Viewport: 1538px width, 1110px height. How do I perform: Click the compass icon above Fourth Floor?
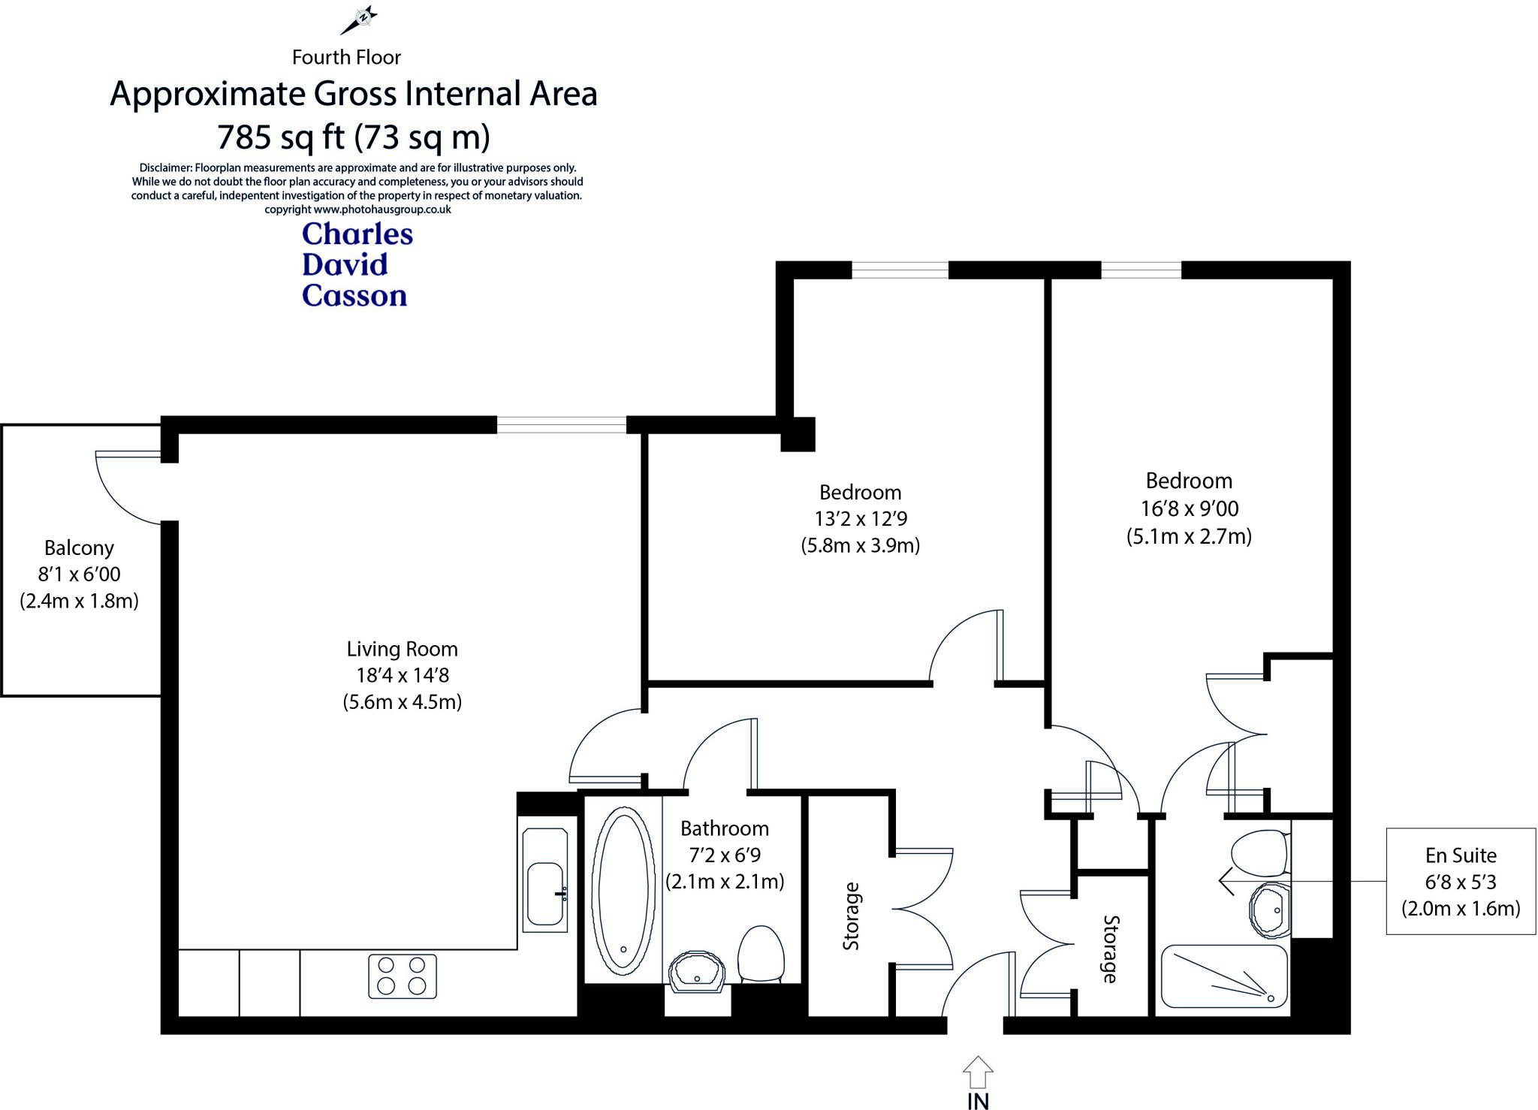pos(359,20)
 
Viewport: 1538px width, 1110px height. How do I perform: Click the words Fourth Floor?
pos(346,57)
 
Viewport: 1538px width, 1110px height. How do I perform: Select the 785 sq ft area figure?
pos(280,137)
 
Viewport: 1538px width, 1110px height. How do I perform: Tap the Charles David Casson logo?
pos(357,265)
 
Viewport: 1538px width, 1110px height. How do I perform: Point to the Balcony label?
pos(79,548)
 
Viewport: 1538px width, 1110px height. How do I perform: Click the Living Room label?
pos(402,649)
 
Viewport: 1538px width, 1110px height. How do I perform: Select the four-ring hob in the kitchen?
pos(402,976)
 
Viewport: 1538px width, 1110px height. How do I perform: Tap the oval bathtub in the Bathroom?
pos(622,891)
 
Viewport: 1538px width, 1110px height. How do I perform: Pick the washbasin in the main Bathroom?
pos(697,973)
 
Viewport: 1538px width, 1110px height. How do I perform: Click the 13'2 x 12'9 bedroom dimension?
pos(860,519)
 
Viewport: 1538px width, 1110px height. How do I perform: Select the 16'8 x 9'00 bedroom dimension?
pos(1189,509)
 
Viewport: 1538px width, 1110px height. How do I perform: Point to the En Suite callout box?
pos(1460,881)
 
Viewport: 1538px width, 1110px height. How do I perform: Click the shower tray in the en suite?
pos(1223,976)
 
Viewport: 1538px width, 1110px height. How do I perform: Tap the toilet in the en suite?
pos(1259,853)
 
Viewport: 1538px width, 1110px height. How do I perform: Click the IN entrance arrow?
pos(977,1074)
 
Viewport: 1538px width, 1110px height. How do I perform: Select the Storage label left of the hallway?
pos(851,916)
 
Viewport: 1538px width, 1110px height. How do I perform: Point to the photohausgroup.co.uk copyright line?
pos(357,210)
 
